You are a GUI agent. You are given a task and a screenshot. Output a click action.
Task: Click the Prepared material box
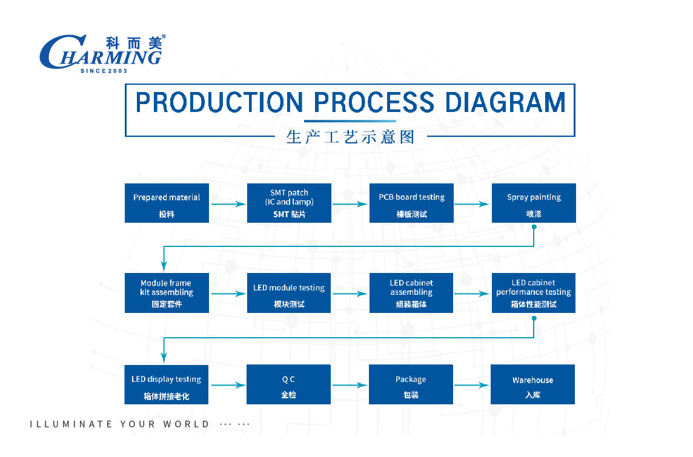(167, 203)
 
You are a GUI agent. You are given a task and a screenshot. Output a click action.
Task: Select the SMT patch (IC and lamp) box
(289, 203)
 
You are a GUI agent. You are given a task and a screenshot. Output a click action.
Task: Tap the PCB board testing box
(411, 203)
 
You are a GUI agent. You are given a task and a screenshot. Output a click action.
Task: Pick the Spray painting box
(534, 203)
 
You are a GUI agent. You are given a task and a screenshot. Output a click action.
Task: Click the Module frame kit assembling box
(167, 293)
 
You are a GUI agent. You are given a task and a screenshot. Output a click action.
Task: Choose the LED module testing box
(289, 293)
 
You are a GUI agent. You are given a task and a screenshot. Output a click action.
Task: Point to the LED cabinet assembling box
(411, 293)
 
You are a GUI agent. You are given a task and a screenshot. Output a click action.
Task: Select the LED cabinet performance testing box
(534, 293)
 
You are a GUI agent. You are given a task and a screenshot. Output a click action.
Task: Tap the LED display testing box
(166, 384)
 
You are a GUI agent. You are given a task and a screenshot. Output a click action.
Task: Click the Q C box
(288, 384)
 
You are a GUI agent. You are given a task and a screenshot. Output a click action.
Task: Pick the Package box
(411, 384)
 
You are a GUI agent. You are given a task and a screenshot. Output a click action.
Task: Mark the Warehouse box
(533, 384)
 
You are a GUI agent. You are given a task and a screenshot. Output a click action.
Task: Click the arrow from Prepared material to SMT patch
(228, 204)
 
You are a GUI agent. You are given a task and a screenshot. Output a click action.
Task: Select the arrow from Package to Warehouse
(471, 385)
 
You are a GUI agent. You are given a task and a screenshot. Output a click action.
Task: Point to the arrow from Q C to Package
(350, 385)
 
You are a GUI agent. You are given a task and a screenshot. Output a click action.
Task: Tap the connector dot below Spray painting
(534, 227)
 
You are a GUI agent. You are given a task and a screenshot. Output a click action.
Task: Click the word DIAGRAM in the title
(505, 102)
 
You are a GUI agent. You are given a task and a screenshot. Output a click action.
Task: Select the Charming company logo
(102, 53)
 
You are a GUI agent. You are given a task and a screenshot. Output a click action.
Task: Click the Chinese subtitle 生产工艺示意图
(351, 137)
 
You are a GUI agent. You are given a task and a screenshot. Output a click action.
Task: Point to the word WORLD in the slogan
(186, 424)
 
